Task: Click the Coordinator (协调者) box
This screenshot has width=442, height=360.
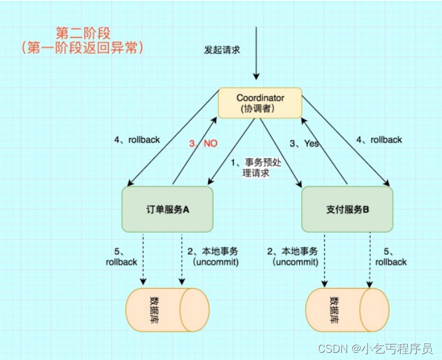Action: click(x=260, y=103)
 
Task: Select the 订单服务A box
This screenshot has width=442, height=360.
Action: click(x=167, y=209)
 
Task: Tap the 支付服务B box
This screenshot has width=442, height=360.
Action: click(x=347, y=209)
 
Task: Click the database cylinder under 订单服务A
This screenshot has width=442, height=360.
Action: click(x=167, y=310)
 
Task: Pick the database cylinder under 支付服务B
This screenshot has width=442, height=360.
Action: click(x=347, y=310)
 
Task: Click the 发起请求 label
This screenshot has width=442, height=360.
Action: click(x=222, y=50)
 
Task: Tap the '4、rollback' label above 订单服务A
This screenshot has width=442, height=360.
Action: click(x=137, y=140)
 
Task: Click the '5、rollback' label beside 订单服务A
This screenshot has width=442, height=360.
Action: click(x=121, y=256)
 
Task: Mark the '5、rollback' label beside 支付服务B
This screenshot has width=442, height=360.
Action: click(x=391, y=256)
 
